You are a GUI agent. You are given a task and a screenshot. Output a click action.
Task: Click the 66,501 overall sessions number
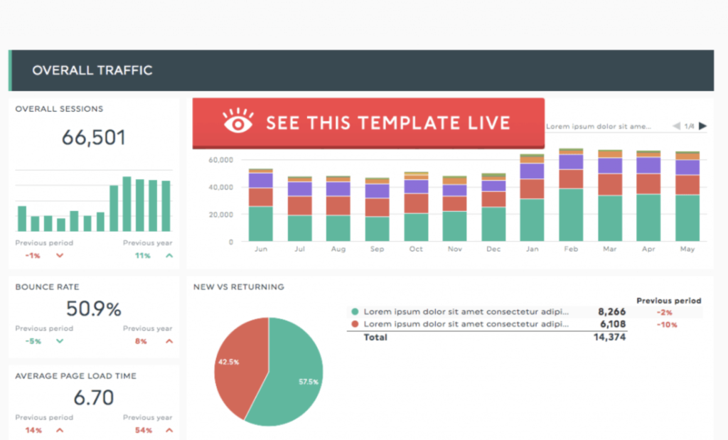point(93,137)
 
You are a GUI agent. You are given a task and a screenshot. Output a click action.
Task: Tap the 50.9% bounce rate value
point(93,308)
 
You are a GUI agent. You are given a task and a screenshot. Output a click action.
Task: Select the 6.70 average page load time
point(93,397)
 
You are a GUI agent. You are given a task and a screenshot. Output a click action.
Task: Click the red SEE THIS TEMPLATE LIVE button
point(368,122)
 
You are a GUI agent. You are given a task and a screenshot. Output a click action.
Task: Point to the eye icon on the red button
point(237,122)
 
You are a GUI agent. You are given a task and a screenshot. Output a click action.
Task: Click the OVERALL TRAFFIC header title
point(92,70)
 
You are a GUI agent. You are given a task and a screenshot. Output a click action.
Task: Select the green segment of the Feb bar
point(571,215)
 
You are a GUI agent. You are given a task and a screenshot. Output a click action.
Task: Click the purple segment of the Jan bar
point(532,171)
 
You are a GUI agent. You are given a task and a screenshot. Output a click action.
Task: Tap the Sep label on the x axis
point(377,249)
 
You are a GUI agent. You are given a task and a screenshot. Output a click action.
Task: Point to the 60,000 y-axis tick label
point(221,160)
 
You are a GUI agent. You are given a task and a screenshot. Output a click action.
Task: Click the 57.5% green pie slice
point(291,377)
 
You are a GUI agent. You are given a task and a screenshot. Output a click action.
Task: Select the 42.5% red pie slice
point(238,359)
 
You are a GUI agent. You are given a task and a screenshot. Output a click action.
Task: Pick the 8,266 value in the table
point(611,311)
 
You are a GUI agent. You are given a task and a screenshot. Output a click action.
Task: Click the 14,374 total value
point(609,338)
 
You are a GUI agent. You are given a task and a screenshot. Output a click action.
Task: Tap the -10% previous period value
point(668,325)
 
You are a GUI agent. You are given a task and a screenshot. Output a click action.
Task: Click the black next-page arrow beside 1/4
point(702,127)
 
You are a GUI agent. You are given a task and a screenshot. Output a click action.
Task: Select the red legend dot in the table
point(355,324)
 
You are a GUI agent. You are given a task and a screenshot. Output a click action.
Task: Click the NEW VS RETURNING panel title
point(239,287)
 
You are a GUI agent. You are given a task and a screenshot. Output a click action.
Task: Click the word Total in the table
point(375,338)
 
